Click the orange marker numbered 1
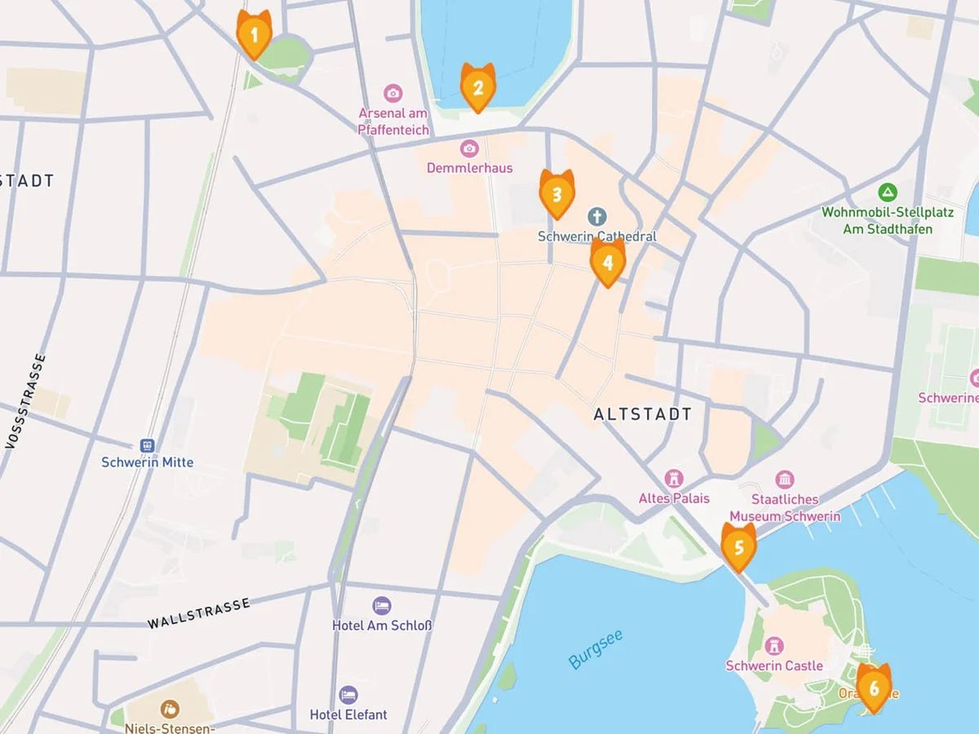(254, 35)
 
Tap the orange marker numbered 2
(477, 87)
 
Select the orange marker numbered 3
(556, 194)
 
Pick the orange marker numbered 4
(607, 262)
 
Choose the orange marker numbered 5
(738, 546)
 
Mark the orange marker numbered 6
(874, 688)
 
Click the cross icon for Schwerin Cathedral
(597, 217)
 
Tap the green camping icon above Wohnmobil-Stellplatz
(887, 193)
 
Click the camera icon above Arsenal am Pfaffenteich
(393, 93)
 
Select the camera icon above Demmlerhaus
(469, 148)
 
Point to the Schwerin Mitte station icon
(147, 445)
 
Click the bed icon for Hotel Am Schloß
(381, 606)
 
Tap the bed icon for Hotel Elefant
(348, 695)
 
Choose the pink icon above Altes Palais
(674, 478)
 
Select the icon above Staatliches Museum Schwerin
(785, 480)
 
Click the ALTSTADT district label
(642, 414)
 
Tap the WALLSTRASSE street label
(198, 613)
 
